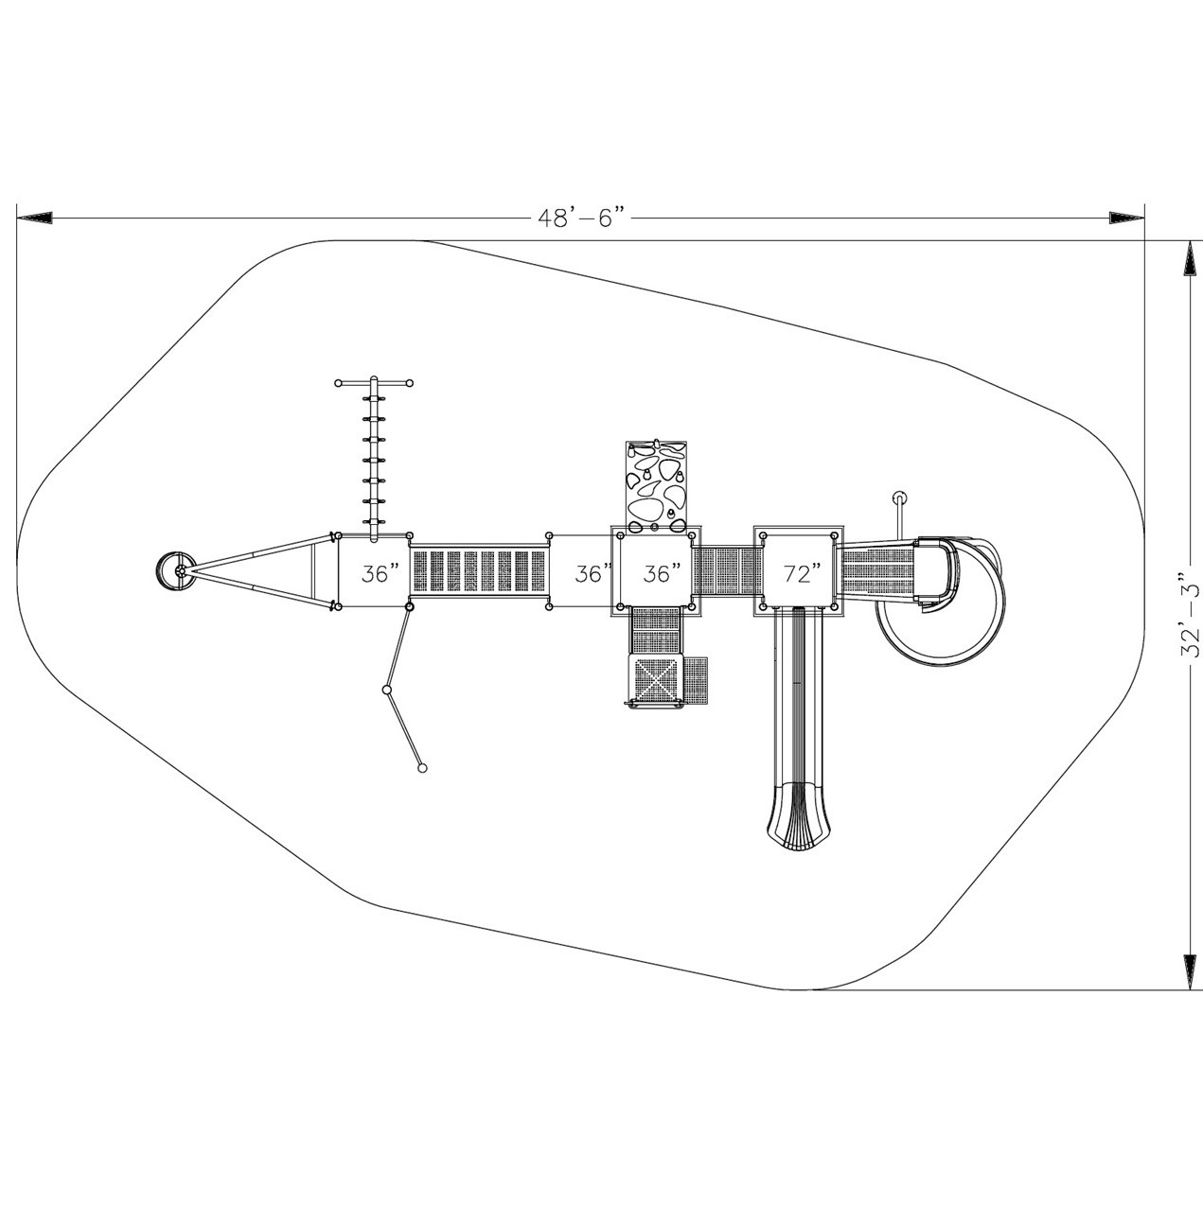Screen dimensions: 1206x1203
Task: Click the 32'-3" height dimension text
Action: (x=1190, y=615)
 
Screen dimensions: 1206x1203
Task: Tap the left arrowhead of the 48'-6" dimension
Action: (x=35, y=218)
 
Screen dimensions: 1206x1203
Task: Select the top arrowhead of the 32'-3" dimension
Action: (x=1190, y=260)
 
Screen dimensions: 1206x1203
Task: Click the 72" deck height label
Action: (x=802, y=574)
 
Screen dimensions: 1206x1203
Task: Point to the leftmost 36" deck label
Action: (x=380, y=574)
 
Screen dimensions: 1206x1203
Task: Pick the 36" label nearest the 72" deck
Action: (x=663, y=574)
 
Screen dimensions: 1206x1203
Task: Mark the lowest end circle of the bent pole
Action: (x=422, y=768)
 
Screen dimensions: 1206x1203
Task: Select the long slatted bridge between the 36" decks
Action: (x=479, y=574)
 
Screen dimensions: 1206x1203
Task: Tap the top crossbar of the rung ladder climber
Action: (x=374, y=383)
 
